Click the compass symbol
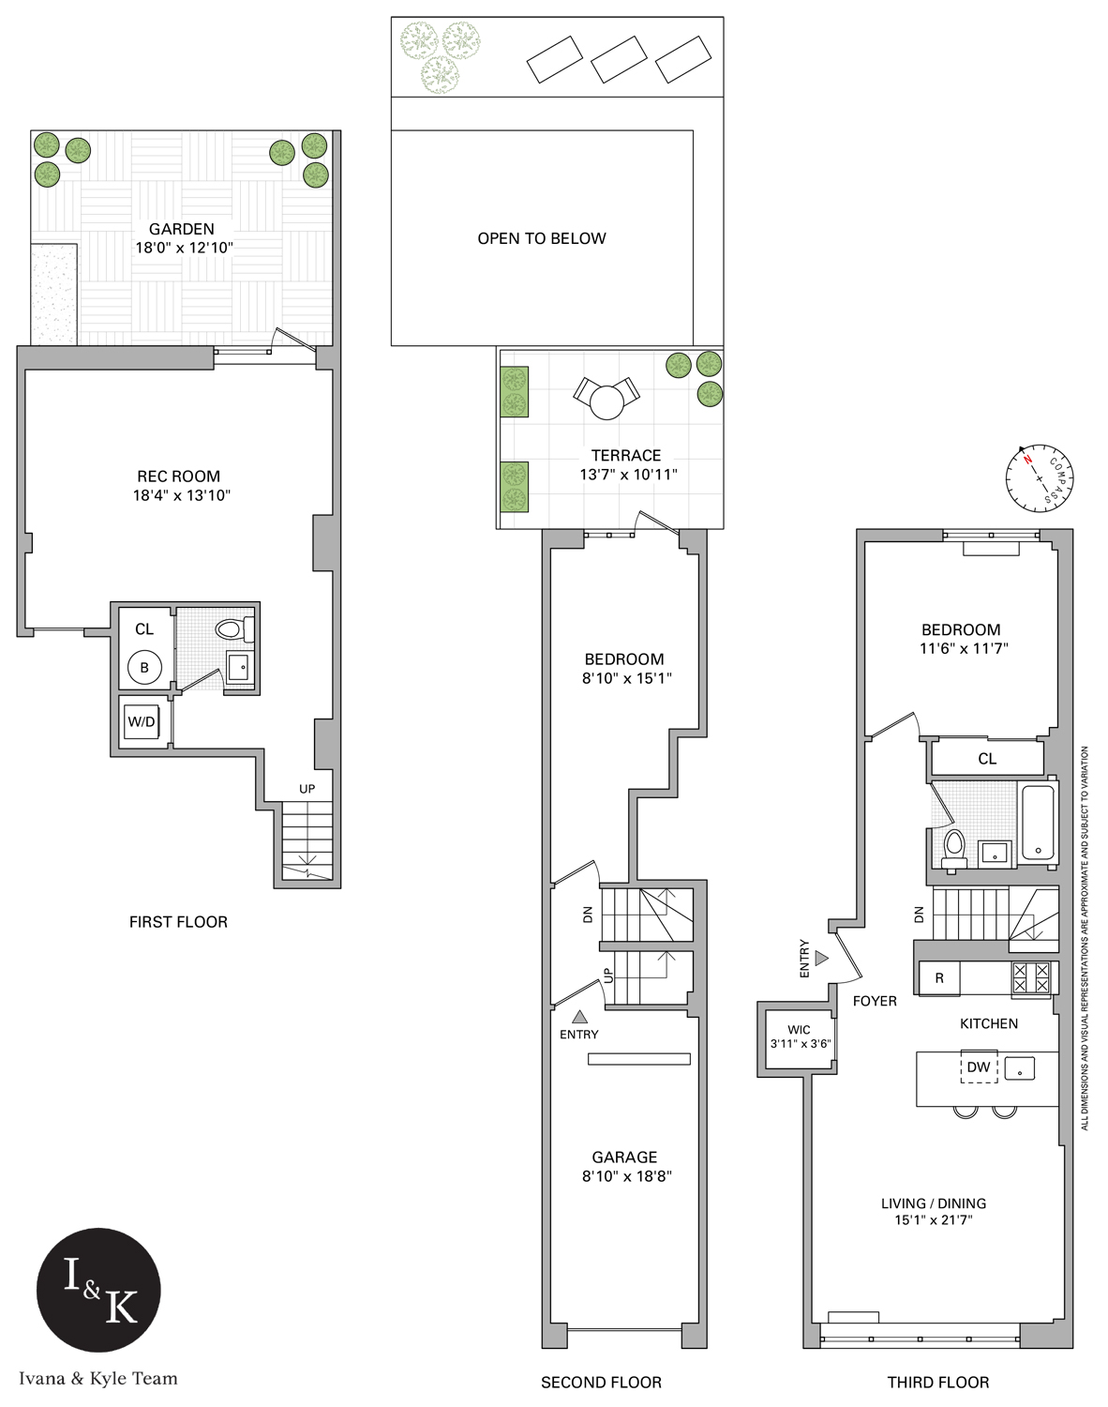pos(1040,478)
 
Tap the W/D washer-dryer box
pos(142,721)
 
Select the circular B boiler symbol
pos(144,668)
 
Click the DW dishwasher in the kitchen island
pos(979,1067)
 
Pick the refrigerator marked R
pos(939,978)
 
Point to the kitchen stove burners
pos(1031,978)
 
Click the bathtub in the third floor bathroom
pos(1038,823)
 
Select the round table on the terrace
pos(606,402)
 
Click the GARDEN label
pos(182,229)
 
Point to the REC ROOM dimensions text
pos(182,495)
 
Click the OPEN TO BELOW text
pos(542,238)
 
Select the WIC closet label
pos(799,1030)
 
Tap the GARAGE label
pos(624,1157)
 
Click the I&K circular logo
pos(98,1290)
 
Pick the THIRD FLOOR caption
pos(937,1382)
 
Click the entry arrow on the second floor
pos(579,1016)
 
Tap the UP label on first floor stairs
pos(307,789)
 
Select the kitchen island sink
pos(1020,1067)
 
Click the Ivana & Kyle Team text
pos(98,1378)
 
